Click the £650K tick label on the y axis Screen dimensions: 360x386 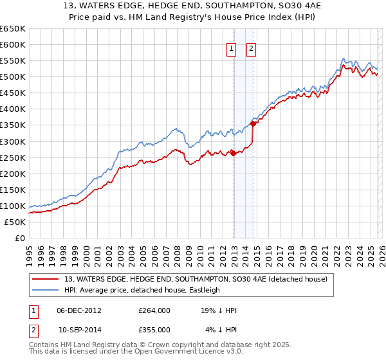point(13,29)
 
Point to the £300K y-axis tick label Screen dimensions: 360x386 point(13,141)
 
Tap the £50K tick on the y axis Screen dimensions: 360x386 point(15,222)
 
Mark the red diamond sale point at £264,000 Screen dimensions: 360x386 point(233,152)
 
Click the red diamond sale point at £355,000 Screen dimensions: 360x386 point(253,123)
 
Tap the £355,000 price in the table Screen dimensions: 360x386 point(154,329)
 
